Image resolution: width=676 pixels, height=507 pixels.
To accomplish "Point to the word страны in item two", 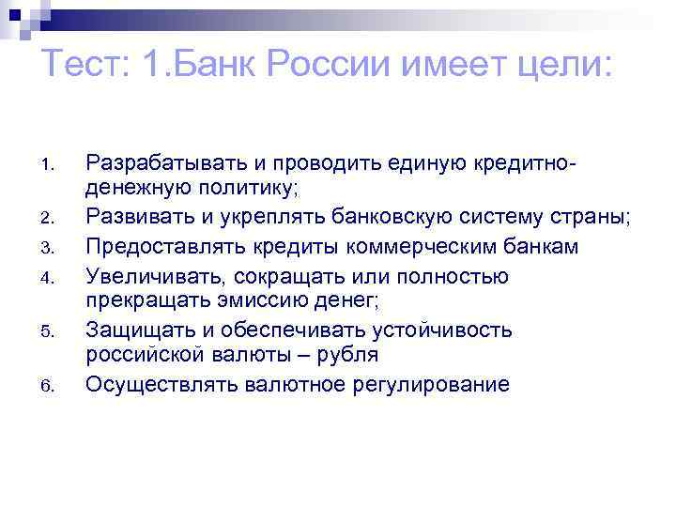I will [591, 219].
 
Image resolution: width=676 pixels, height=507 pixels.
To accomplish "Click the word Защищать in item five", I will [132, 329].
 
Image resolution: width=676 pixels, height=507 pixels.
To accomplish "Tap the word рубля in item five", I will [347, 355].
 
